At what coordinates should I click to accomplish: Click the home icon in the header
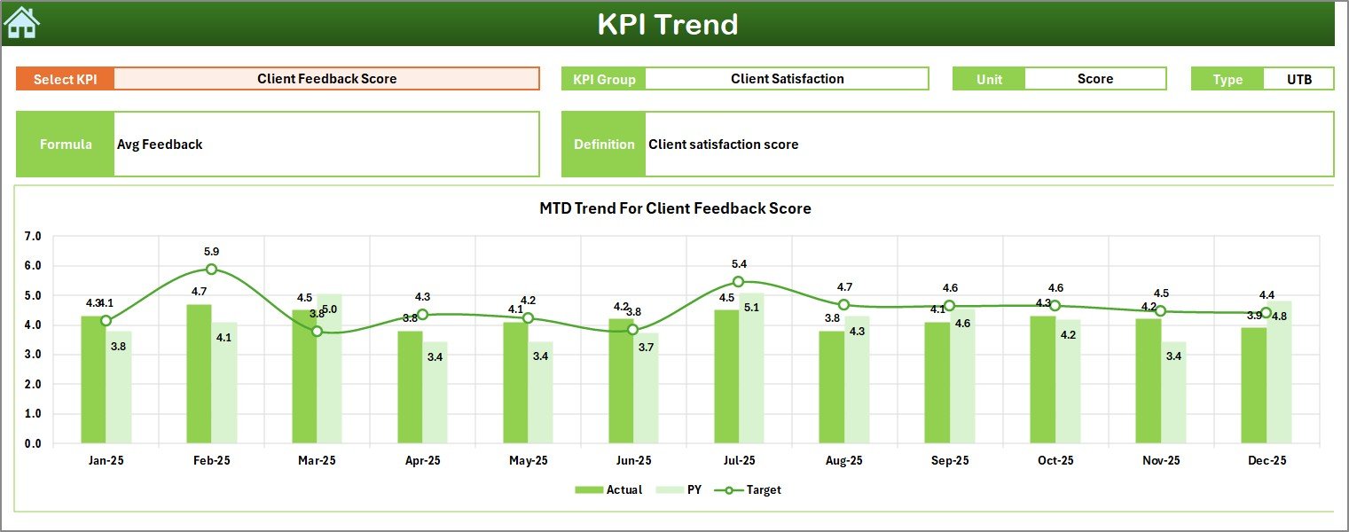click(22, 23)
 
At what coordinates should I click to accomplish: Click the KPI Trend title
click(667, 24)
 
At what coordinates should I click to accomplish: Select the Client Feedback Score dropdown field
click(326, 79)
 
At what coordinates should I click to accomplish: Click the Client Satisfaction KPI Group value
click(787, 79)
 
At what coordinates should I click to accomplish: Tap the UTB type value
click(1298, 79)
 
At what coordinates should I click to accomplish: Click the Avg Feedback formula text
click(160, 145)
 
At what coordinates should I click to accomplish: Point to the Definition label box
click(604, 145)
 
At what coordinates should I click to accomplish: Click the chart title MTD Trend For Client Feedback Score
click(675, 208)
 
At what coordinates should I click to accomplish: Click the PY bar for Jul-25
click(751, 368)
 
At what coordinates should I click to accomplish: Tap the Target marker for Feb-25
click(211, 269)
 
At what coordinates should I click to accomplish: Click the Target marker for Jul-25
click(738, 281)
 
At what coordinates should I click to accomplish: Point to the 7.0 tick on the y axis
click(33, 237)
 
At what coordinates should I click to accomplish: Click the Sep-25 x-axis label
click(949, 461)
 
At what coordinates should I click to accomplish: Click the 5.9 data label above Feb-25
click(211, 252)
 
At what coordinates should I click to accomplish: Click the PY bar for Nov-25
click(1173, 393)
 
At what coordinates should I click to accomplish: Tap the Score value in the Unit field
click(1094, 79)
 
